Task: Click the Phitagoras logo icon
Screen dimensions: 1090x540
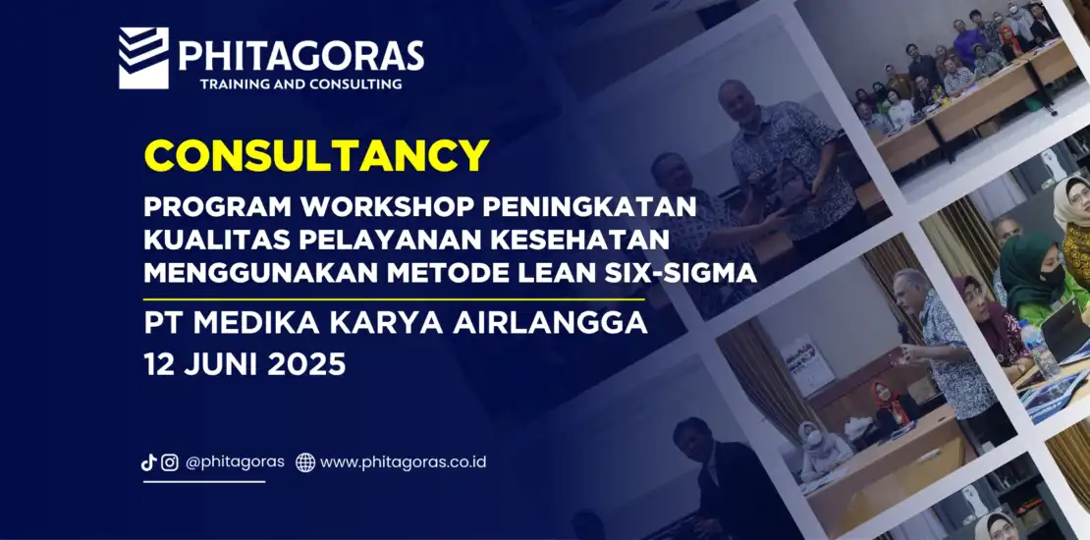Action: (x=143, y=58)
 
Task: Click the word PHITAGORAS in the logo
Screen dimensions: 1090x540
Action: (x=301, y=56)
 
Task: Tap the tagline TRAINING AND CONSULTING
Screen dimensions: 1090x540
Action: (x=301, y=84)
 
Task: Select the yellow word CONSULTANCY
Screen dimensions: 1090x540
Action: (x=316, y=155)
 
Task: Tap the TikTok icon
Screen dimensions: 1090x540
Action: (x=148, y=462)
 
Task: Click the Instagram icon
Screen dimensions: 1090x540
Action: (x=170, y=462)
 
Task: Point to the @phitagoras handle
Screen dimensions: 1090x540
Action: (x=235, y=462)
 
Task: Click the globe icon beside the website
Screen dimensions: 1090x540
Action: (x=305, y=462)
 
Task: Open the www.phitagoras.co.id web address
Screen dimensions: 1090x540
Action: (x=404, y=462)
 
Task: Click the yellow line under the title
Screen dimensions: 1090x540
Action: (x=394, y=299)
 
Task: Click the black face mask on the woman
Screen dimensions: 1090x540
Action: (x=1052, y=276)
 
